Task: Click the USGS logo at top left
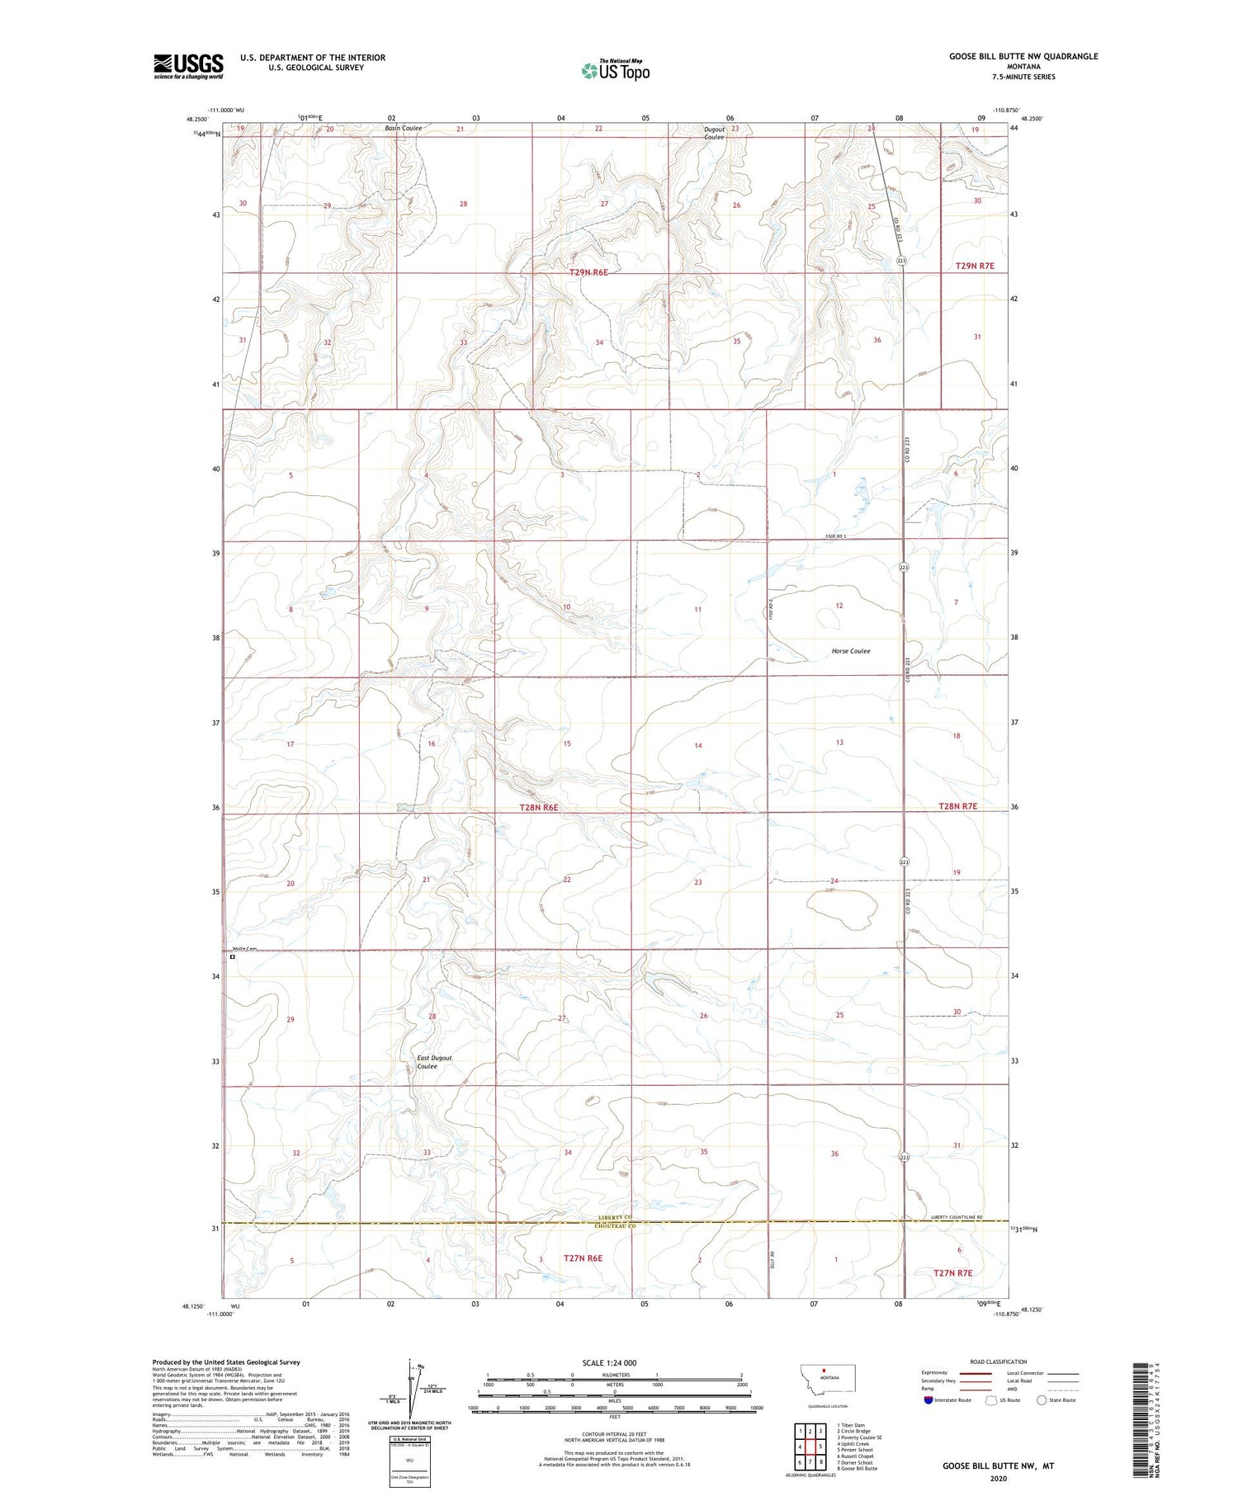tap(188, 66)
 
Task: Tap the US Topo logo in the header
tap(615, 71)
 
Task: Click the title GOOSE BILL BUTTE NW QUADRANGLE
tap(1023, 56)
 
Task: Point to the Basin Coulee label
tap(403, 129)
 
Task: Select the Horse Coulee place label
tap(850, 651)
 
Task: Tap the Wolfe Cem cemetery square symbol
tap(233, 958)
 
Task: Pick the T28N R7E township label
tap(957, 806)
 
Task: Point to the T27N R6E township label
tap(583, 1258)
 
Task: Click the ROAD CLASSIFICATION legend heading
tap(999, 1362)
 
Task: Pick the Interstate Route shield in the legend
tap(928, 1400)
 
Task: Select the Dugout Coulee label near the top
tap(714, 133)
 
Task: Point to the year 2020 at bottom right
tap(999, 1478)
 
